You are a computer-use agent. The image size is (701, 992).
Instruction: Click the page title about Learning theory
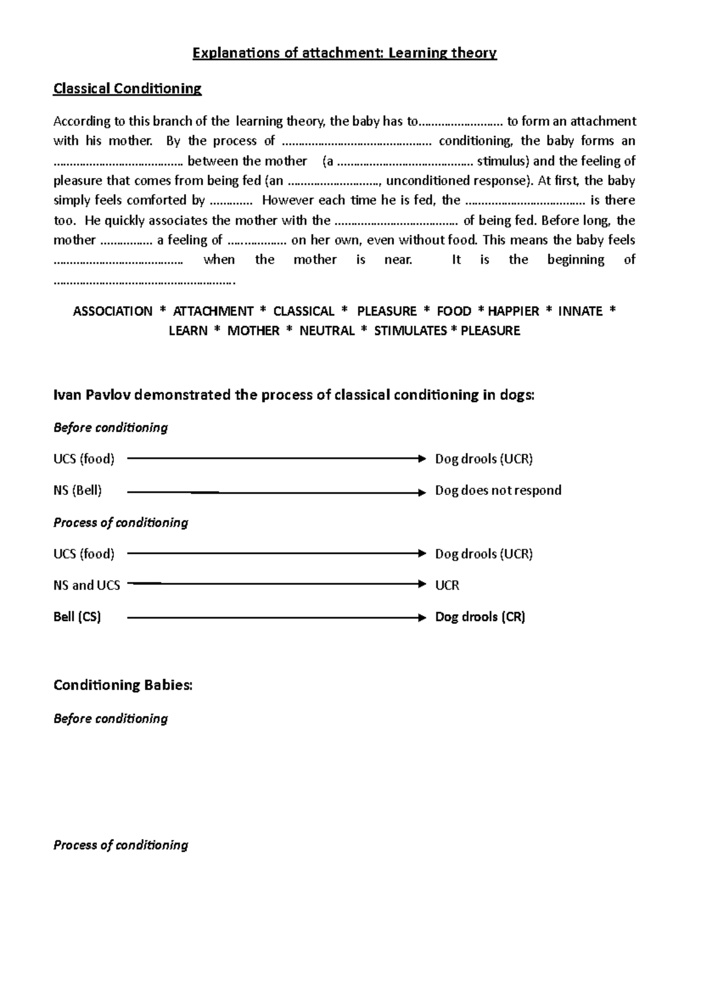click(x=345, y=54)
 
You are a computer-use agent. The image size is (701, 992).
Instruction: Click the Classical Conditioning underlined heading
click(x=127, y=89)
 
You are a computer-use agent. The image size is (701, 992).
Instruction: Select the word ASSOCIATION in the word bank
click(x=113, y=311)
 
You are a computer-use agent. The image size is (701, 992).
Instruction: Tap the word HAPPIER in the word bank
click(x=513, y=311)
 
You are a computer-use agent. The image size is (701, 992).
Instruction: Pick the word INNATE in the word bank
click(x=580, y=311)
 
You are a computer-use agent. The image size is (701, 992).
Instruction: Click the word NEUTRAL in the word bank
click(x=327, y=331)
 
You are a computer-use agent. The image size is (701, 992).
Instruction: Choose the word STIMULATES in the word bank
click(x=410, y=331)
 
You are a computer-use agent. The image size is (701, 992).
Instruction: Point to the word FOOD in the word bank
click(x=454, y=311)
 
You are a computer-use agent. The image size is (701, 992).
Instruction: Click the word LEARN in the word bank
click(x=188, y=331)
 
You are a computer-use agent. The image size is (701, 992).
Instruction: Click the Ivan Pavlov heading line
click(x=294, y=396)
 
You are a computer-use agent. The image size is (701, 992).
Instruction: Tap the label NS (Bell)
click(x=78, y=491)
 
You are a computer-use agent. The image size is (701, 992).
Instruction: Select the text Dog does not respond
click(x=498, y=491)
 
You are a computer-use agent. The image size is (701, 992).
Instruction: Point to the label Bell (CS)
click(x=77, y=617)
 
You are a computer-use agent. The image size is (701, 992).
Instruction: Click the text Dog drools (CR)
click(x=480, y=617)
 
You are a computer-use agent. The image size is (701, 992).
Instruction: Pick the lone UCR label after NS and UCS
click(x=447, y=585)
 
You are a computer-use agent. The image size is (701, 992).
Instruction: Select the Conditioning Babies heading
click(x=123, y=685)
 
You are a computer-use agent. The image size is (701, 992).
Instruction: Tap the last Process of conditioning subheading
click(x=120, y=845)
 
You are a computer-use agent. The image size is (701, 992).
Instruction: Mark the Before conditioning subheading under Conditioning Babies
click(x=110, y=719)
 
